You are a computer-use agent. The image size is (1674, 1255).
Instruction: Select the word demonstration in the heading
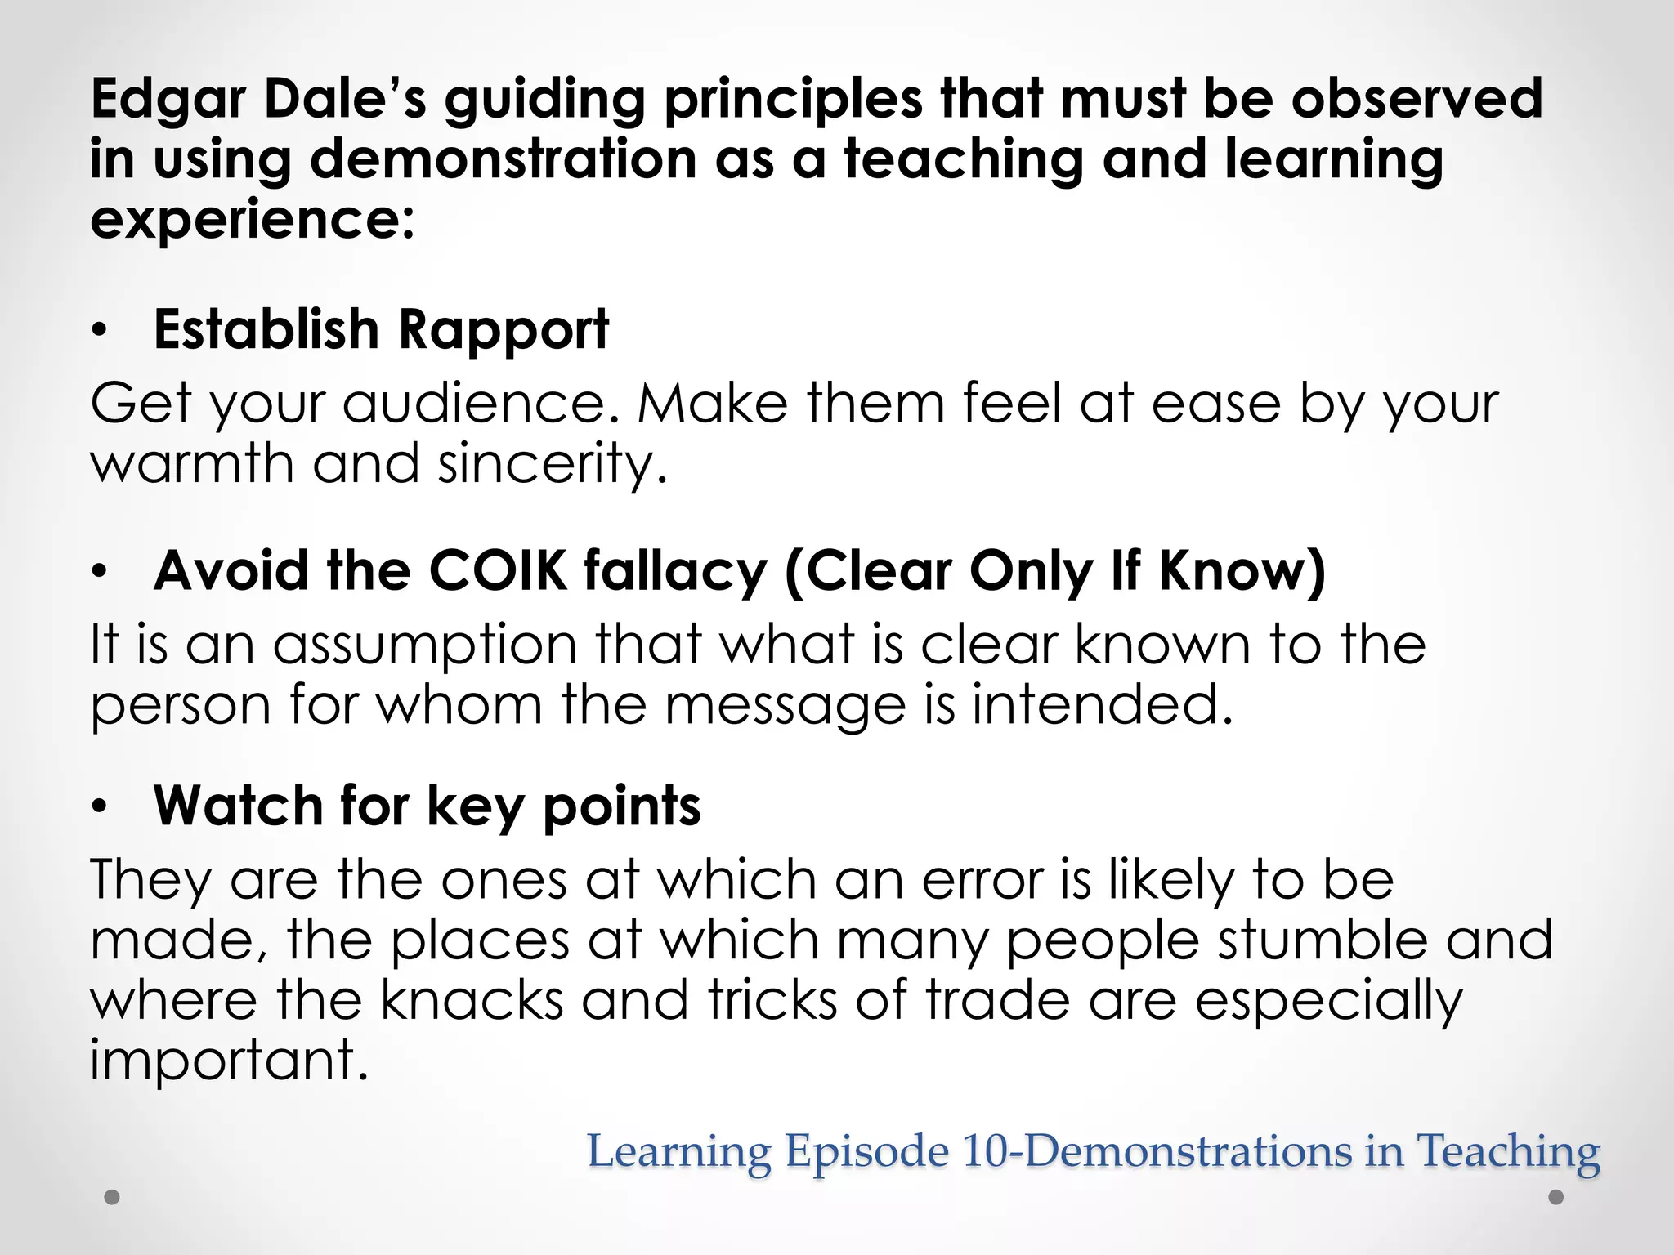point(504,159)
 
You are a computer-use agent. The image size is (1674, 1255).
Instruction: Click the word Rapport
point(504,330)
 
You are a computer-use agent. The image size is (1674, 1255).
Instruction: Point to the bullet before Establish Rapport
point(100,331)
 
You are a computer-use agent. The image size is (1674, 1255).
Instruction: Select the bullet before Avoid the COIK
point(100,571)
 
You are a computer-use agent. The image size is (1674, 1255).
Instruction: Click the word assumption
point(426,645)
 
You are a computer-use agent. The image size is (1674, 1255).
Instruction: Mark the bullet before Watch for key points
point(100,806)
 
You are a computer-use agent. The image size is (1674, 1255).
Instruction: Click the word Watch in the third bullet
point(239,806)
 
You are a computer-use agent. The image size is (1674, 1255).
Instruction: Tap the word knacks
point(472,999)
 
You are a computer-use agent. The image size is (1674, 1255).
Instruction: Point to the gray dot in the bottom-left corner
point(113,1198)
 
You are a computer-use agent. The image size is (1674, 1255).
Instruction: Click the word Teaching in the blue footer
point(1507,1152)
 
